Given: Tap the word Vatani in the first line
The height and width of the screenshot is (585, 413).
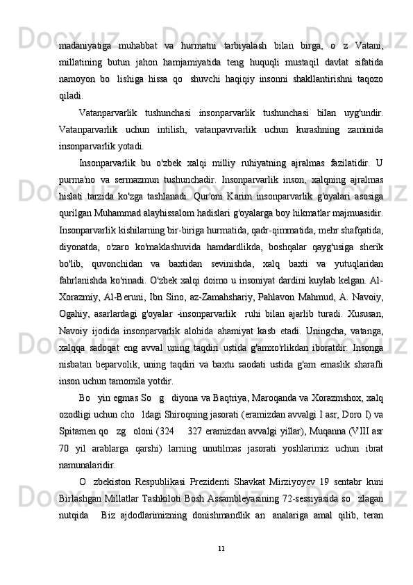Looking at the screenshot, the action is coord(369,27).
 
